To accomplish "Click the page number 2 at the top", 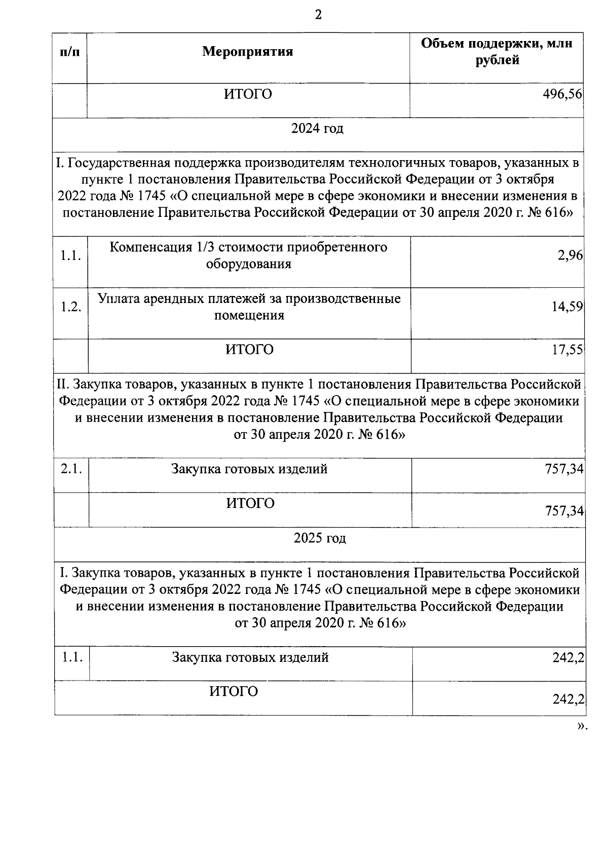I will coord(318,15).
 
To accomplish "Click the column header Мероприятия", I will coord(248,52).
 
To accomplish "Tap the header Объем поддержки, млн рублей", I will coord(497,52).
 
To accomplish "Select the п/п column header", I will coord(70,52).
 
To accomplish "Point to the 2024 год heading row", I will coord(317,129).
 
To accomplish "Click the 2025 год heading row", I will coord(320,538).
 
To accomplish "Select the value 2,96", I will coord(570,255).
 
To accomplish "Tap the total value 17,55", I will coord(567,350).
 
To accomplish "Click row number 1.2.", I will coord(71,307).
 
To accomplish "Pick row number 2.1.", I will coord(71,469).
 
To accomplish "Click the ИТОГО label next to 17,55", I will coord(249,350).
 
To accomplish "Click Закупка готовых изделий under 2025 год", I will coord(250,658).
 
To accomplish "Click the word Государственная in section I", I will coord(119,163).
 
